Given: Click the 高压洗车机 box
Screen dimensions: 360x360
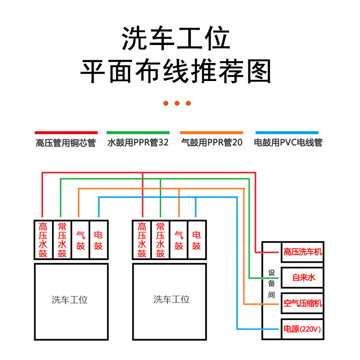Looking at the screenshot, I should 302,252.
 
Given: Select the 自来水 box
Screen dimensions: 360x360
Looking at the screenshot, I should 302,277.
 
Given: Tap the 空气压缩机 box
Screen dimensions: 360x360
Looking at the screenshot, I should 302,303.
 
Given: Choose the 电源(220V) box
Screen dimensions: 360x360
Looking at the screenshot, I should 302,329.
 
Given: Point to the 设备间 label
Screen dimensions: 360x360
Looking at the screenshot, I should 271,284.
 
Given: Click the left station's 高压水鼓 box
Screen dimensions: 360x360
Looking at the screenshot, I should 43,240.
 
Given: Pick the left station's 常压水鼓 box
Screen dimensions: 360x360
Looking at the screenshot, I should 62,240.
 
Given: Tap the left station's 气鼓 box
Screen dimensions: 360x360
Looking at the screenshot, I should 81,240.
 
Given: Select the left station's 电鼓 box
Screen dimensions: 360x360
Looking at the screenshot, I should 99,240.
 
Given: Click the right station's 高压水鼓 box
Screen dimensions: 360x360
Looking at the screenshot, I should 142,240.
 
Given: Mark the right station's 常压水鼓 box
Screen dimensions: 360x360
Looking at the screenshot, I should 160,240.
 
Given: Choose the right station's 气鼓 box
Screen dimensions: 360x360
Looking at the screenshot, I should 179,240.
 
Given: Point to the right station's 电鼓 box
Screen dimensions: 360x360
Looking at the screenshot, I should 197,240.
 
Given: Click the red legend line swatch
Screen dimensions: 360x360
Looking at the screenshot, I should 66,133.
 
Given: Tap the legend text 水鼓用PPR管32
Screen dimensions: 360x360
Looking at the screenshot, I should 138,143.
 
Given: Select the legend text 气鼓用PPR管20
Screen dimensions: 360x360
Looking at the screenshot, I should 211,143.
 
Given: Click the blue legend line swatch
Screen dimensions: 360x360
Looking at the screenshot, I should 287,133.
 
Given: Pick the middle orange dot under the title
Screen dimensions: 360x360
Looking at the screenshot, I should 177,103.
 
